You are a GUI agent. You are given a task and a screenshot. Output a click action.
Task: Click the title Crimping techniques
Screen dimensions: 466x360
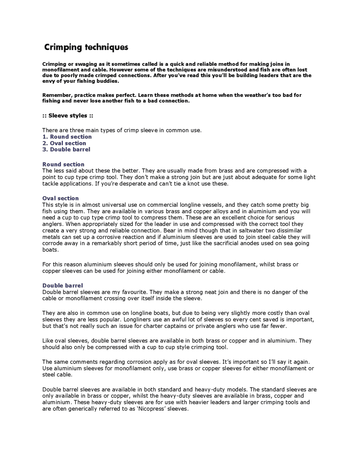click(x=86, y=47)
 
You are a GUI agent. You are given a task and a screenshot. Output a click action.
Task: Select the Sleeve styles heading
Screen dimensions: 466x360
click(x=68, y=116)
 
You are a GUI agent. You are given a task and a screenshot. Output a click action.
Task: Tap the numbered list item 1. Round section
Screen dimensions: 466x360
click(x=67, y=137)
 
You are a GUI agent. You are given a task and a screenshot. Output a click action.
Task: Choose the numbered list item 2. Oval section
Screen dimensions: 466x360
click(x=64, y=143)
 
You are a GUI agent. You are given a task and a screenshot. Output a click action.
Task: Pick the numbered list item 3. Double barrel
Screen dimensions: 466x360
click(x=66, y=149)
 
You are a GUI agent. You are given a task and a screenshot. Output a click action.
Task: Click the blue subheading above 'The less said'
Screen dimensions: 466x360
click(x=63, y=164)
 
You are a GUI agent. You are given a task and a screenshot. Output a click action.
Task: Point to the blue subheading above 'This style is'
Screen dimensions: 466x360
click(x=60, y=198)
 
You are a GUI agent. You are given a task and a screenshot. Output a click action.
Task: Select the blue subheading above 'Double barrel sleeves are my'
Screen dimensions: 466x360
click(x=63, y=286)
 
